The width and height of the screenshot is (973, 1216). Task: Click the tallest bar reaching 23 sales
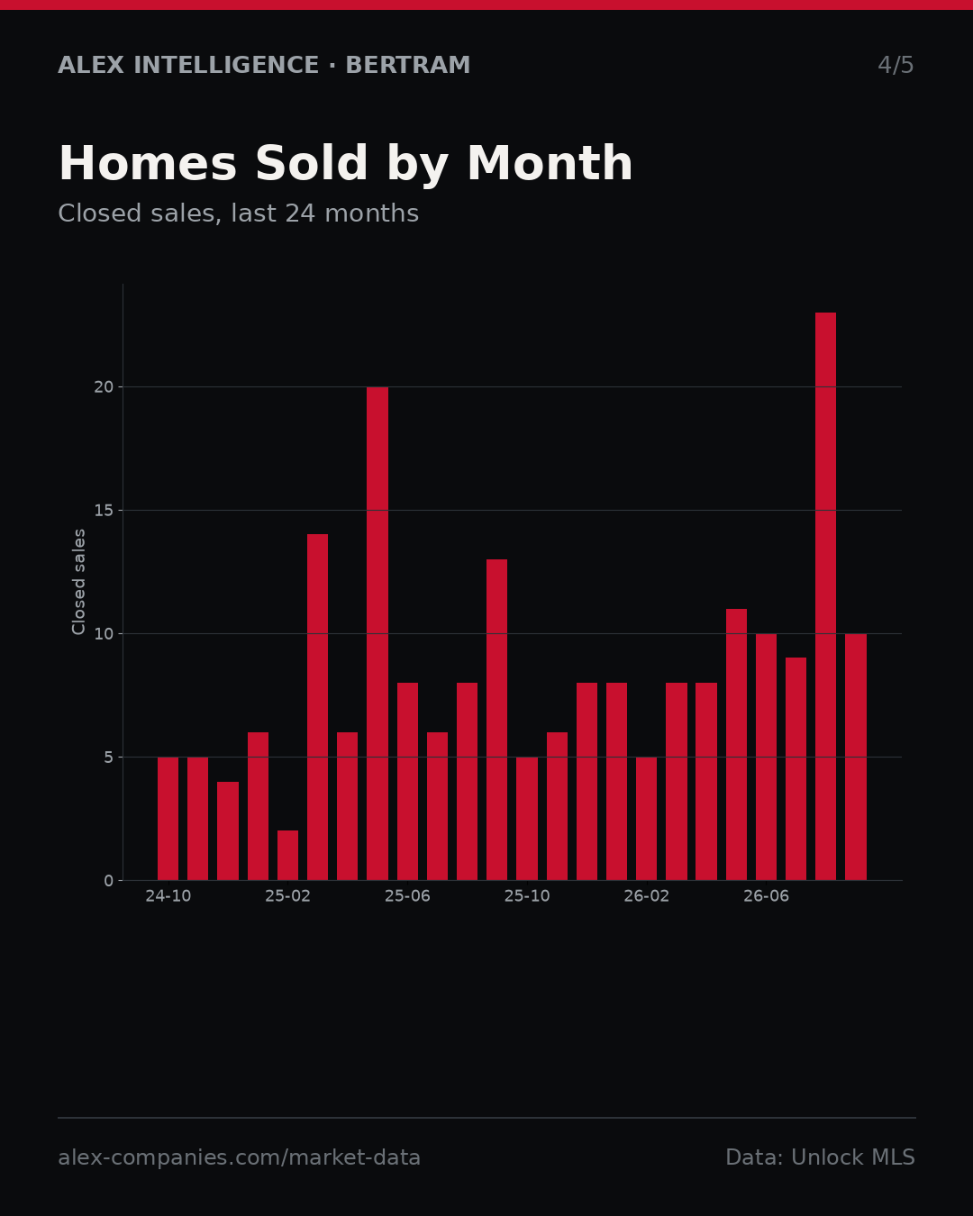pos(825,596)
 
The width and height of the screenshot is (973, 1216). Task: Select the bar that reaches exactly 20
pos(377,633)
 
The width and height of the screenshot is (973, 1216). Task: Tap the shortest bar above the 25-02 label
pos(287,855)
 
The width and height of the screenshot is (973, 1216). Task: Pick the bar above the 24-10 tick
pos(168,818)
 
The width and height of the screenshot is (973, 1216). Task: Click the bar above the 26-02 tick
pos(646,818)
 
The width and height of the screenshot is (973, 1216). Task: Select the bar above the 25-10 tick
pos(527,818)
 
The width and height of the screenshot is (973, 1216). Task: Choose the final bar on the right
pos(855,757)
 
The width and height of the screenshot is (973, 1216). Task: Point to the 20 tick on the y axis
pos(104,387)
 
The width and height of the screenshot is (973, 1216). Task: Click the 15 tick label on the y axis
pos(104,510)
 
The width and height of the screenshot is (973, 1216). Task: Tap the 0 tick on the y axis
pos(109,881)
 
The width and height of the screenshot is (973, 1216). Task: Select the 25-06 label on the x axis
pos(407,896)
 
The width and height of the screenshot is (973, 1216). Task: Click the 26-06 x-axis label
pos(766,896)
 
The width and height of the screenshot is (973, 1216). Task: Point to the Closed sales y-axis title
pos(78,582)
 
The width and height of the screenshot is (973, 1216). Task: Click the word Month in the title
pos(550,163)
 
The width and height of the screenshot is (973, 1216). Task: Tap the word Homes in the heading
pos(148,163)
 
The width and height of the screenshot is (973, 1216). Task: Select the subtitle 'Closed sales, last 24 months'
pos(239,213)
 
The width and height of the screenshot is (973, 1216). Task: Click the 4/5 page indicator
pos(896,65)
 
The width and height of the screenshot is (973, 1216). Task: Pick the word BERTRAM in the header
pos(407,65)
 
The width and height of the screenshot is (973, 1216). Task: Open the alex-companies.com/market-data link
pos(239,1157)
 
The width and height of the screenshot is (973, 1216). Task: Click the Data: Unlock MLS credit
pos(820,1157)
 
